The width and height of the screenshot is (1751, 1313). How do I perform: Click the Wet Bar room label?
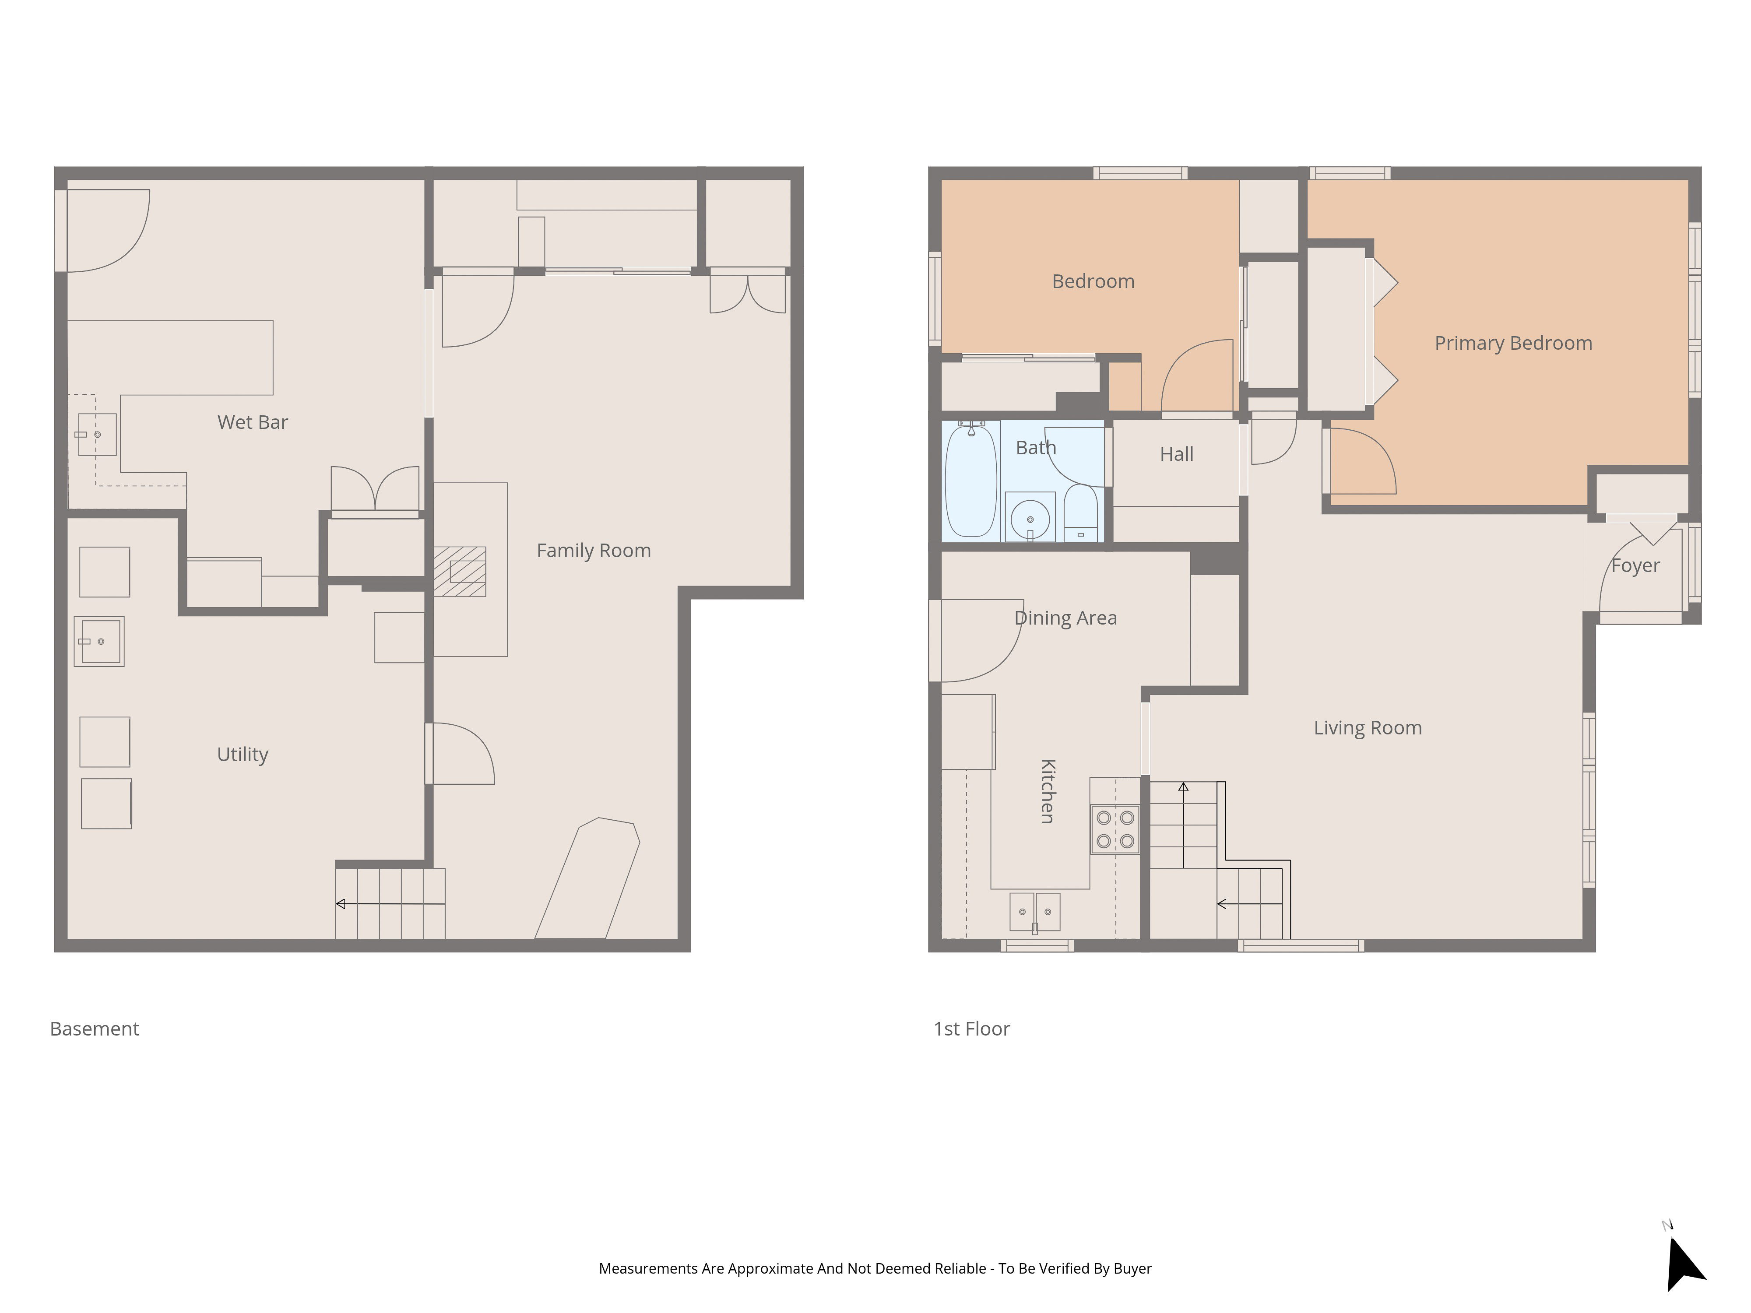point(253,422)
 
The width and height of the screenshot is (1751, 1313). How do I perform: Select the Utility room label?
point(242,754)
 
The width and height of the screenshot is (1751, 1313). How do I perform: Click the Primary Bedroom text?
point(1513,343)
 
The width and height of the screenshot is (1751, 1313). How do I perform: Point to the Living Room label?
point(1367,727)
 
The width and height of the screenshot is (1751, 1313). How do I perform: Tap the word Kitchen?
point(1047,791)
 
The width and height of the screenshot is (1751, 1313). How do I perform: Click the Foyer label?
point(1635,565)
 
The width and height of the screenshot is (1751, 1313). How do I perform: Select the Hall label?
point(1176,454)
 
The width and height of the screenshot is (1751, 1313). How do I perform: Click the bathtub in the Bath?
point(970,481)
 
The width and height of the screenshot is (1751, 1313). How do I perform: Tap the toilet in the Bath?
point(1080,513)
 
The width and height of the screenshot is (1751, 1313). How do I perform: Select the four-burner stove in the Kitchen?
point(1115,829)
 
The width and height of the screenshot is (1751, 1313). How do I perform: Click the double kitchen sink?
point(1034,912)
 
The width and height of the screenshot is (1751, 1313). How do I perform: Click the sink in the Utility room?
point(99,641)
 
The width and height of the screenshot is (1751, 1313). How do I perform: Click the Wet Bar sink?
point(97,434)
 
